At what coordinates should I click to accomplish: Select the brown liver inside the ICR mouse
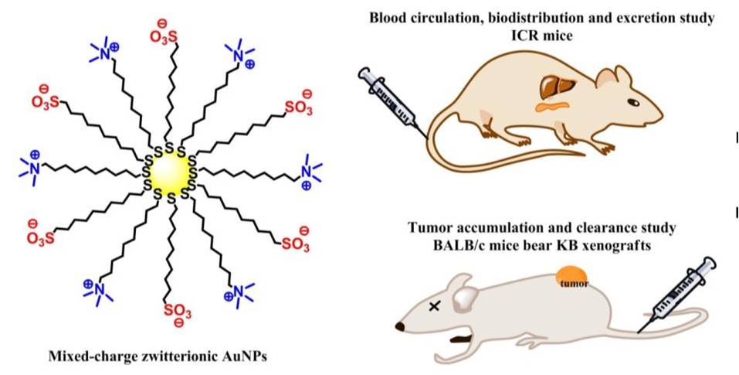point(555,84)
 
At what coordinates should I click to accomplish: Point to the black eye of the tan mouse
point(633,101)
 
